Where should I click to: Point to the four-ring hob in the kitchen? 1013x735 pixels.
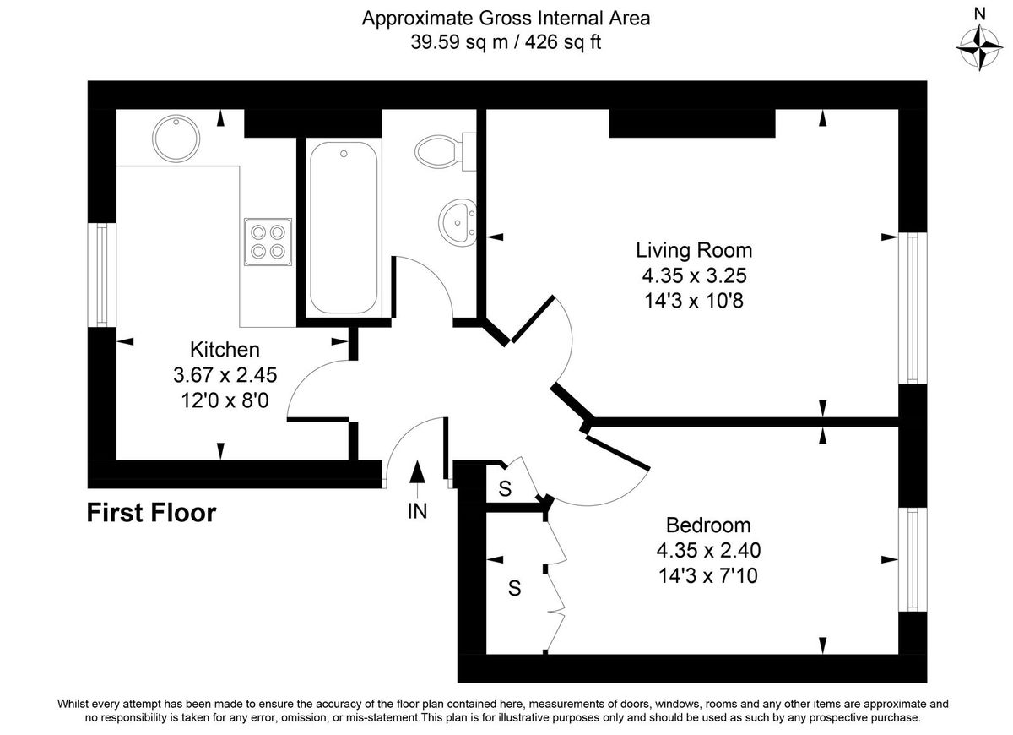click(268, 242)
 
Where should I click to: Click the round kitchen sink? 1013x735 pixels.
click(176, 136)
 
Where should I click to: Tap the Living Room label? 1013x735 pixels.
click(693, 250)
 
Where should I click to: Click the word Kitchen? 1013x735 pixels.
click(224, 349)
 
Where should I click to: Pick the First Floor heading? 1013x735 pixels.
click(152, 512)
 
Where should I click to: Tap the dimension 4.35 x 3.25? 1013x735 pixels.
click(693, 275)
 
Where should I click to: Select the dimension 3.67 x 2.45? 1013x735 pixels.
click(224, 373)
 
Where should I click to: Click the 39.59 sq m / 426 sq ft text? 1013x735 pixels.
click(506, 42)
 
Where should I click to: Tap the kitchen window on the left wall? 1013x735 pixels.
click(102, 275)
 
